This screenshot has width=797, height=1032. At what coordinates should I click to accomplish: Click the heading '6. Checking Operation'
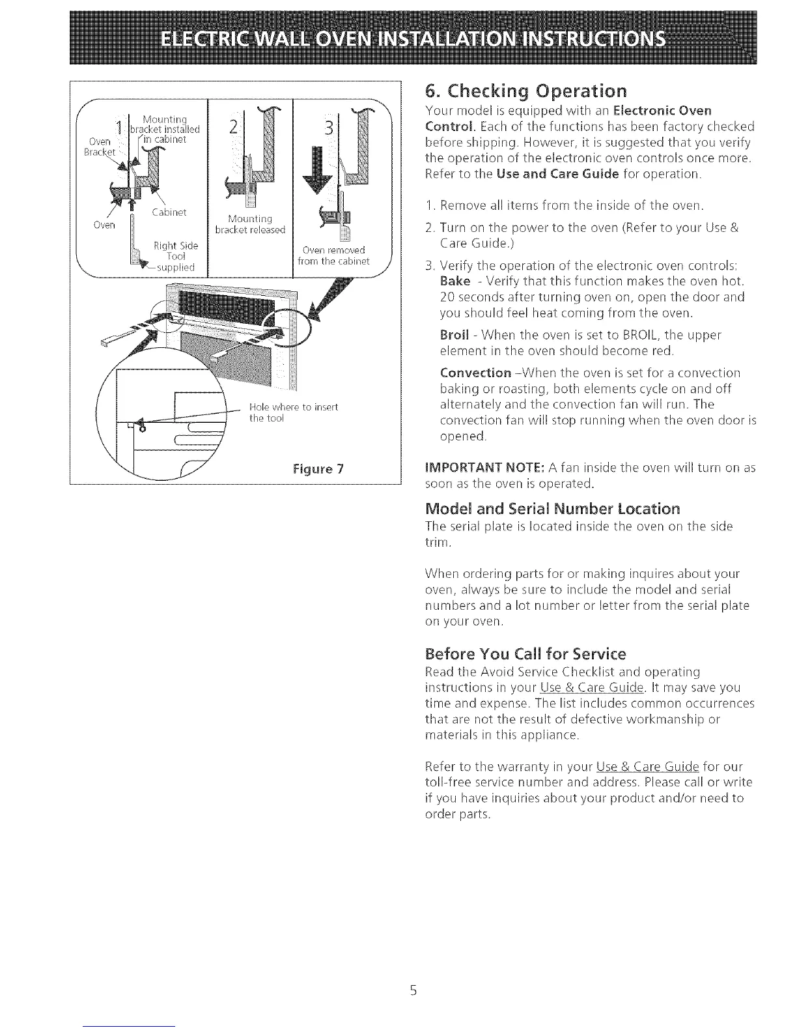tap(525, 90)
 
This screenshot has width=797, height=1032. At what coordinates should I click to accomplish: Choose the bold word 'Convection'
tap(475, 373)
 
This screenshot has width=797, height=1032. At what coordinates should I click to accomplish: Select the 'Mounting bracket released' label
tap(250, 224)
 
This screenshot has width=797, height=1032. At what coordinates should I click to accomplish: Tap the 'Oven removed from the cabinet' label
tap(333, 255)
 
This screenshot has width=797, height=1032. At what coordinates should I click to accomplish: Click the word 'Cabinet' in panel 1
tap(169, 212)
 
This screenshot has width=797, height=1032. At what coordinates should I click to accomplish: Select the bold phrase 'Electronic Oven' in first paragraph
tap(662, 109)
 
